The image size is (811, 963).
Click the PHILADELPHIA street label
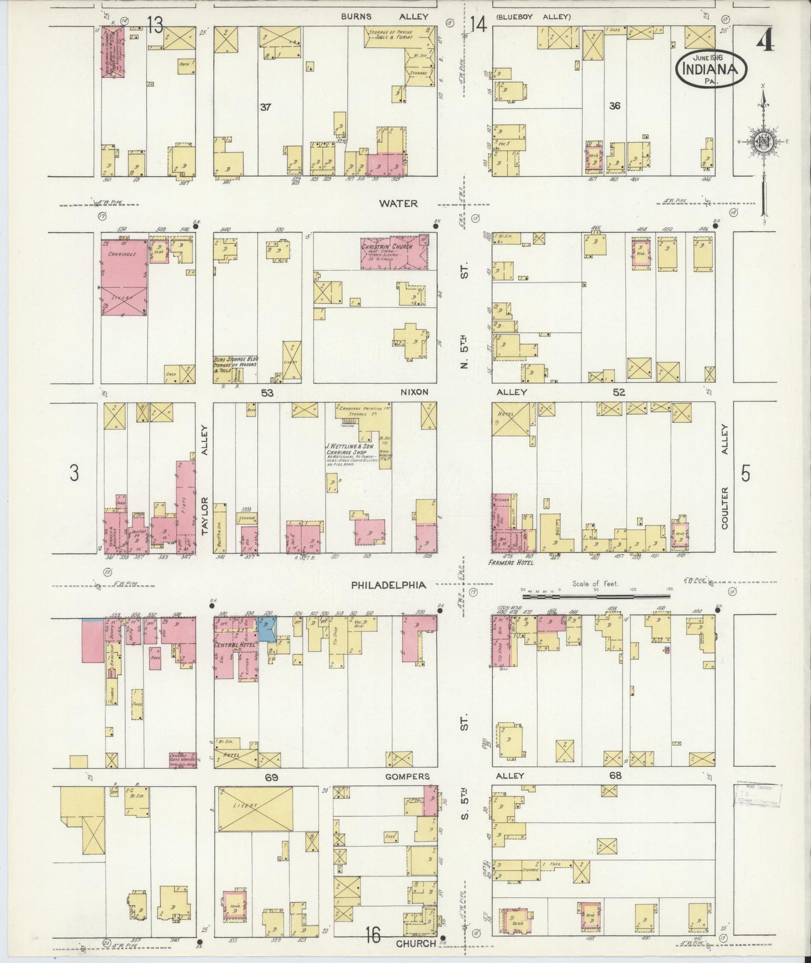(388, 585)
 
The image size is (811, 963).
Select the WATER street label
(398, 203)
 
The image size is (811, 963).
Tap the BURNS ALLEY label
(384, 17)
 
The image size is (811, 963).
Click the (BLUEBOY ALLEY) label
(533, 17)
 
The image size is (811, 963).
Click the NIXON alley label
(415, 392)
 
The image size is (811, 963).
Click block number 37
(265, 107)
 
